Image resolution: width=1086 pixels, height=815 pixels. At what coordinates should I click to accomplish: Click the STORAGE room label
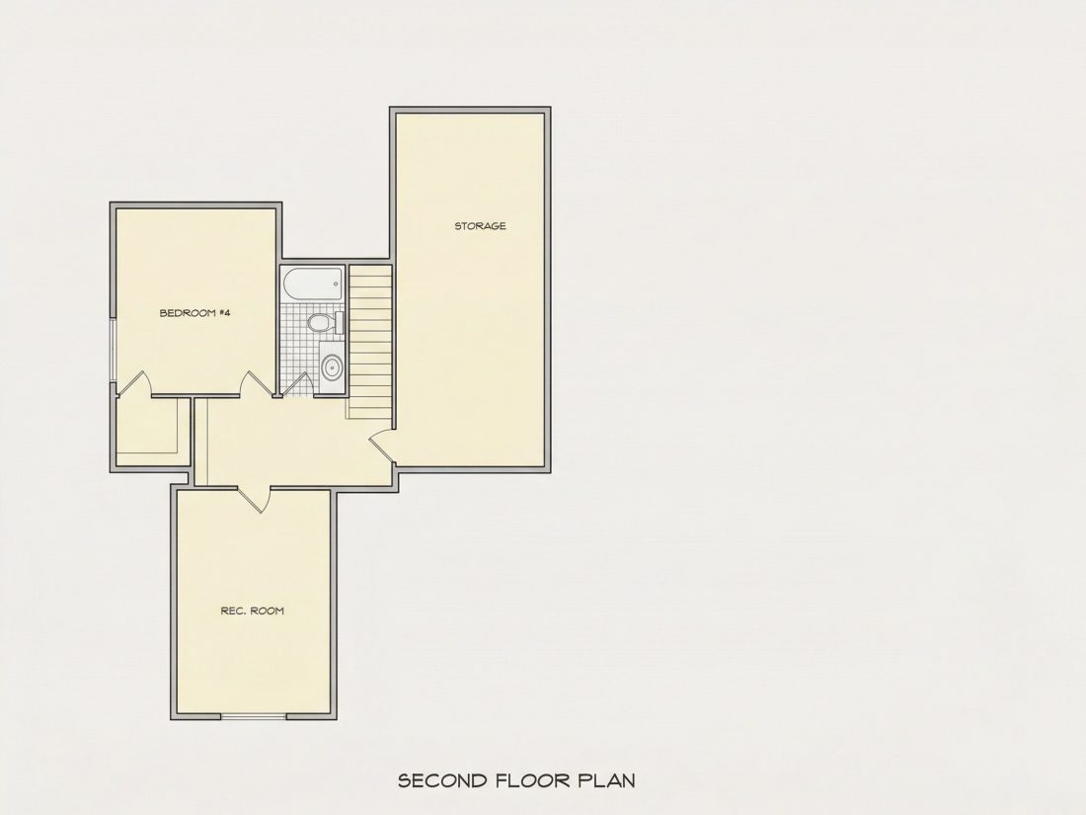pos(480,226)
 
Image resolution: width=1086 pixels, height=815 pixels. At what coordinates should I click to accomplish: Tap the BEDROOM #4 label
pos(194,312)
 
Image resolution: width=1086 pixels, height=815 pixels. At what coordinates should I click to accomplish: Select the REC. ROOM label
pos(252,611)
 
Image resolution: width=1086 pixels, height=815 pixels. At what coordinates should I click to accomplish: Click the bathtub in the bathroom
pos(313,285)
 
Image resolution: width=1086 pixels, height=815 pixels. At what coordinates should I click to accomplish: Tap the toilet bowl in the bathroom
pos(319,322)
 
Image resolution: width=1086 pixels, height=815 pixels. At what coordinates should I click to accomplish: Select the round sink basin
pos(332,367)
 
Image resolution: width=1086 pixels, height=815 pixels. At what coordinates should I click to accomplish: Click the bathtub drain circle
pos(337,283)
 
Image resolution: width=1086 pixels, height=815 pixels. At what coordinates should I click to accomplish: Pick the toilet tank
pos(340,322)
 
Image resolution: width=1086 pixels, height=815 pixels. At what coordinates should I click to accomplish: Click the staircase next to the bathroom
pos(370,342)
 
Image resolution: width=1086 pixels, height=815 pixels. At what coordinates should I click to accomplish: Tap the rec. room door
pos(254,499)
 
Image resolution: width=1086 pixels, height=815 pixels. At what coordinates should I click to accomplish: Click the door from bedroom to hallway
pos(257,384)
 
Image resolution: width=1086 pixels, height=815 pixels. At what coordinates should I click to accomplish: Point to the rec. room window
pos(254,716)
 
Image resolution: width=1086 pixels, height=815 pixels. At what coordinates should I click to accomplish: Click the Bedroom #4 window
pos(113,351)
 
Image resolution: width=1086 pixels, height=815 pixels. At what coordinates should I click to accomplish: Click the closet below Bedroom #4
pos(152,432)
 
